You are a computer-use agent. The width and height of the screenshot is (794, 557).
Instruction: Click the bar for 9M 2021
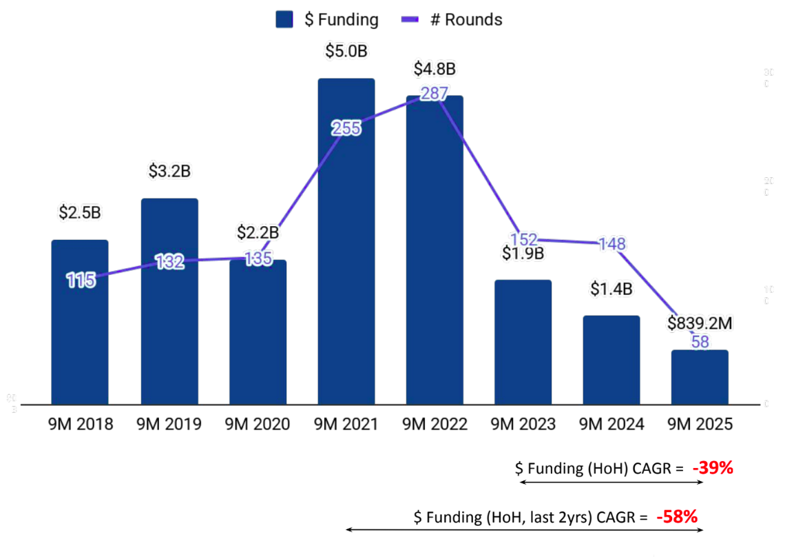pyautogui.click(x=346, y=241)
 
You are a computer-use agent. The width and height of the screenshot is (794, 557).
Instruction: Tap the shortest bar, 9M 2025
pyautogui.click(x=700, y=377)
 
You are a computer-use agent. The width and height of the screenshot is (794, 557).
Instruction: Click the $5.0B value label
pyautogui.click(x=346, y=51)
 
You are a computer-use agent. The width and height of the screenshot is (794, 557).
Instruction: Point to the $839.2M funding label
pyautogui.click(x=700, y=323)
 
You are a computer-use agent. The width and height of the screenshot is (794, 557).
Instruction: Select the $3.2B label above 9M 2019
pyautogui.click(x=169, y=171)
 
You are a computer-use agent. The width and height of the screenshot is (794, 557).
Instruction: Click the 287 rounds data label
pyautogui.click(x=435, y=94)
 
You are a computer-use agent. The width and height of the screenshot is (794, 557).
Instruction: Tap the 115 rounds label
pyautogui.click(x=81, y=279)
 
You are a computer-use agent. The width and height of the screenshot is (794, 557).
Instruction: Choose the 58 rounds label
pyautogui.click(x=700, y=341)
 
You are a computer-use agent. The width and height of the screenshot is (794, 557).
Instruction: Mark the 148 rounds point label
pyautogui.click(x=612, y=243)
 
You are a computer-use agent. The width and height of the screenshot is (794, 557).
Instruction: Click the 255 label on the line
pyautogui.click(x=346, y=128)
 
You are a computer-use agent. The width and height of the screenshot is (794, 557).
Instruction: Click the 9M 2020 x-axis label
pyautogui.click(x=258, y=423)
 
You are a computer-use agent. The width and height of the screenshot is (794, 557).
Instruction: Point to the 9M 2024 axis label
pyautogui.click(x=612, y=423)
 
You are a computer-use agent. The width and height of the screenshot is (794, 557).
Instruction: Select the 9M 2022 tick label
pyautogui.click(x=435, y=423)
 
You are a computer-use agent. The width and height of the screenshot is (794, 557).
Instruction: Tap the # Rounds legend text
pyautogui.click(x=466, y=19)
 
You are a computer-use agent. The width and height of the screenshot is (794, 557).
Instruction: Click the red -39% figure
pyautogui.click(x=713, y=468)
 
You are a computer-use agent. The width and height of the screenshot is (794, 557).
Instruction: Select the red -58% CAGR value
pyautogui.click(x=678, y=516)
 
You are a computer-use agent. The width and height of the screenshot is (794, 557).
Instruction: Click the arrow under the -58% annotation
pyautogui.click(x=523, y=529)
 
